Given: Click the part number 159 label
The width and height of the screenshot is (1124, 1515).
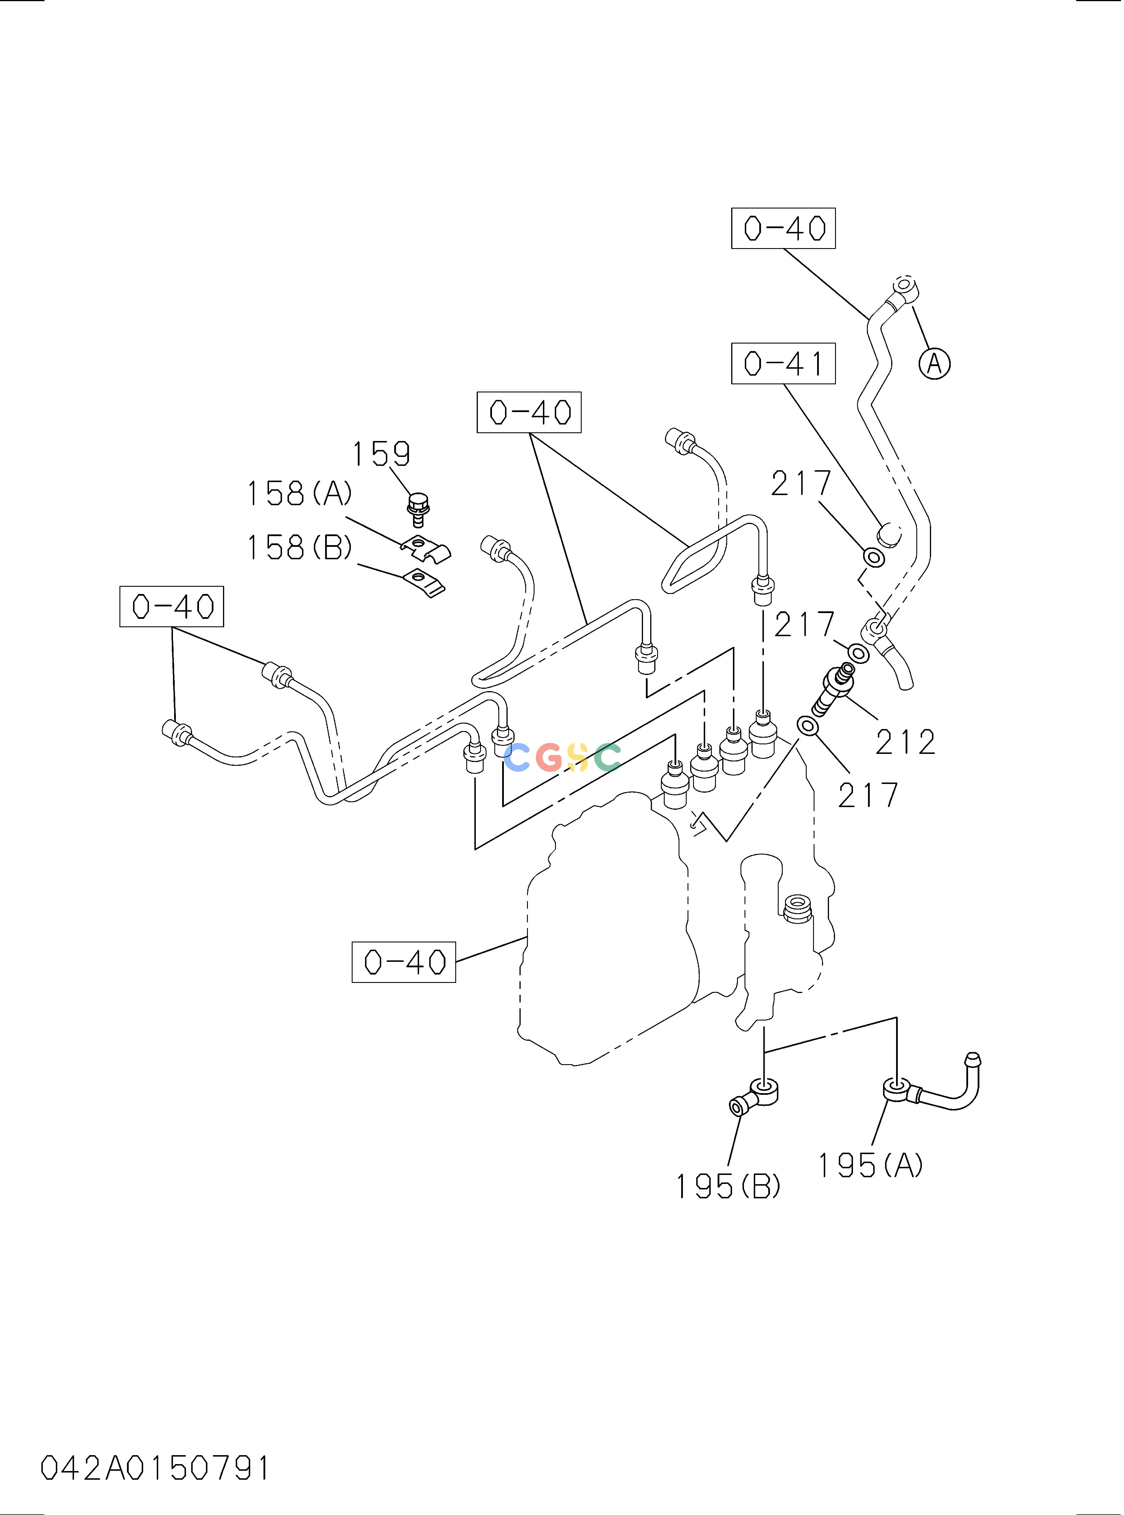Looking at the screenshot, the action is tap(381, 454).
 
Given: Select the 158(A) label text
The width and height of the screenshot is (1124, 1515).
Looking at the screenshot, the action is tap(299, 493).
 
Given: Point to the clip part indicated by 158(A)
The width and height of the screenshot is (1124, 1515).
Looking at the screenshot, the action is tap(425, 548).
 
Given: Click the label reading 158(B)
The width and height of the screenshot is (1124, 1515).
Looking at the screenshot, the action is tap(299, 547).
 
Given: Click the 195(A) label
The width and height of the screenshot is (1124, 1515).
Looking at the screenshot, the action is tap(870, 1165).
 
